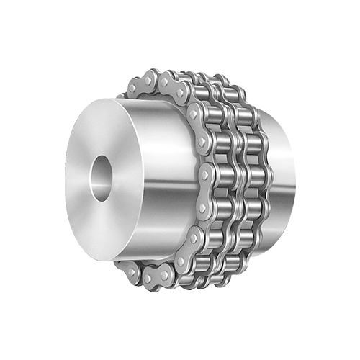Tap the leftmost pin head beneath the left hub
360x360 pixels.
pyautogui.click(x=129, y=271)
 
